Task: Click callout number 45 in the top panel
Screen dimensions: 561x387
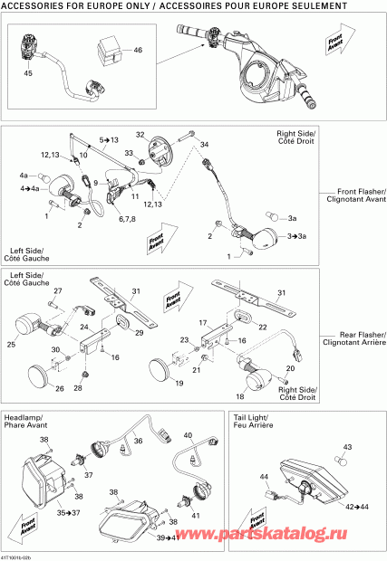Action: pos(28,72)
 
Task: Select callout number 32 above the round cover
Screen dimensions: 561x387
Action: pos(140,134)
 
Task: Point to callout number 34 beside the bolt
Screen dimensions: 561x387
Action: pos(204,145)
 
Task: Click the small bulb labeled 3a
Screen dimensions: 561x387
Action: pos(269,217)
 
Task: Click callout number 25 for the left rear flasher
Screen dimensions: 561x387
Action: pos(13,345)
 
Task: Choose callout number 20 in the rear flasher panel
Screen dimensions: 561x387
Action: pos(290,368)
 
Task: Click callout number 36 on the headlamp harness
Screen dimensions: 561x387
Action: pos(139,441)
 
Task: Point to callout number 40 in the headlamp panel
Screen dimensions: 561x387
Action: pos(189,436)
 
